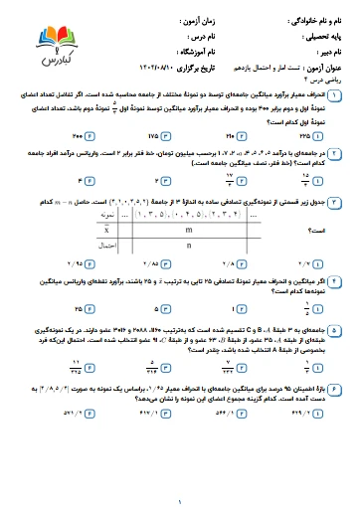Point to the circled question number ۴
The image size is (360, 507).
(x=335, y=283)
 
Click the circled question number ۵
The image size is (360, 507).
(x=335, y=326)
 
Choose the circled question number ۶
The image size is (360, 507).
(x=335, y=382)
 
